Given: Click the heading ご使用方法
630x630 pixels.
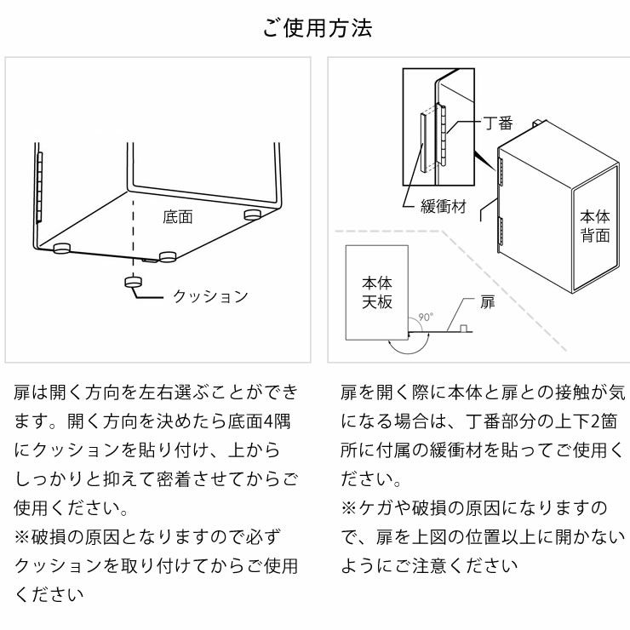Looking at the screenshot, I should (x=317, y=28).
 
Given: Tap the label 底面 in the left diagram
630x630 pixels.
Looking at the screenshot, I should (x=177, y=217).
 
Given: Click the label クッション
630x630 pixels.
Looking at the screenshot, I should (x=210, y=296).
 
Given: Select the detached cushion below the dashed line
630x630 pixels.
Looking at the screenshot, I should (x=133, y=282).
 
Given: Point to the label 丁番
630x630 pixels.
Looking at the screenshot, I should (x=498, y=123).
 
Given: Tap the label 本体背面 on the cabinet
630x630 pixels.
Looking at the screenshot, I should (x=594, y=226).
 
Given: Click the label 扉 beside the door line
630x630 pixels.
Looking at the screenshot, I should (x=487, y=302).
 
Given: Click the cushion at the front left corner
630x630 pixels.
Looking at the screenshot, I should (x=62, y=248).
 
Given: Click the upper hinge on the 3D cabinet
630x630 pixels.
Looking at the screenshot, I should (x=500, y=167).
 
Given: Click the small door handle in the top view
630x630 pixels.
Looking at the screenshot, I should (x=462, y=329).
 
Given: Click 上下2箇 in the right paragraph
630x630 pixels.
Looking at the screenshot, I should (x=575, y=421).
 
